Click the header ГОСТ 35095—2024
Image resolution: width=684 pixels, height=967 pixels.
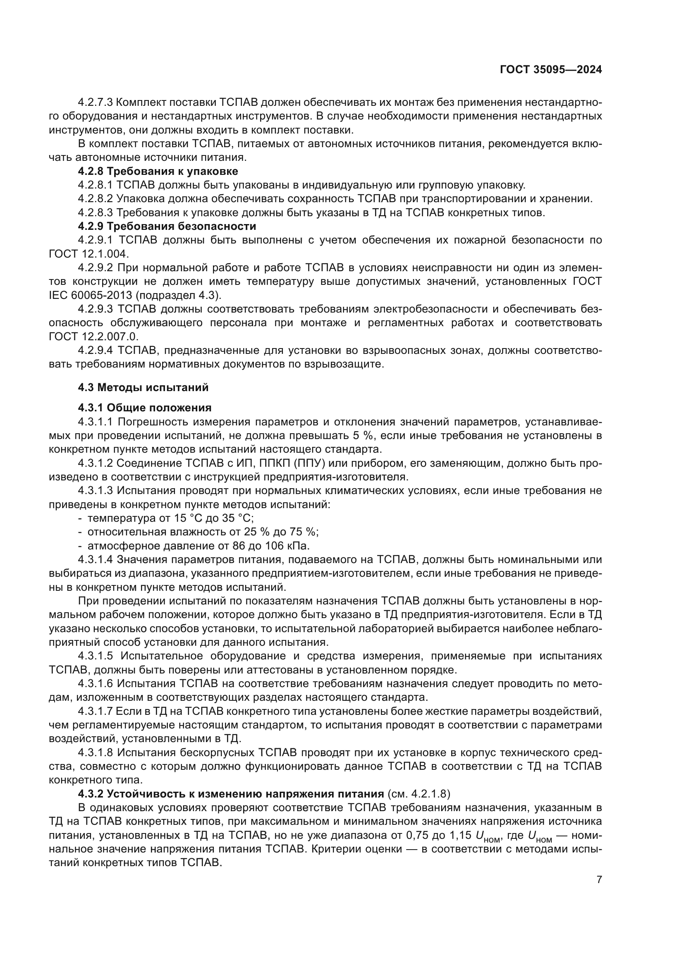[x=550, y=70]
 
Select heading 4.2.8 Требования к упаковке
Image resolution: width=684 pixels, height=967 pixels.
[x=158, y=172]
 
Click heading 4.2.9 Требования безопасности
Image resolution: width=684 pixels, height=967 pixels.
[x=167, y=227]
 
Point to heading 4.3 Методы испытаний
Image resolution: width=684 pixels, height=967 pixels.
[x=143, y=387]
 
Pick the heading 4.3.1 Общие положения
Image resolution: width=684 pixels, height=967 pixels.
[x=144, y=408]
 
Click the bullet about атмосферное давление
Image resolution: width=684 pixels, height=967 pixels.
[x=198, y=546]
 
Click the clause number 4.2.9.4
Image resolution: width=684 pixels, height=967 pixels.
[x=96, y=351]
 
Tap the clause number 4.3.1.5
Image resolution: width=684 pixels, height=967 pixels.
[x=96, y=656]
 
